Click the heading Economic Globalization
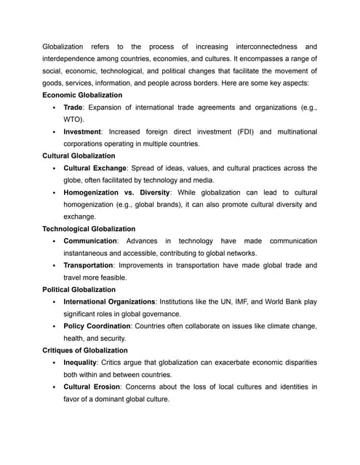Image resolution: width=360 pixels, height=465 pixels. [82, 95]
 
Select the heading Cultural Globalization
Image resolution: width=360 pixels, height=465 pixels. [79, 155]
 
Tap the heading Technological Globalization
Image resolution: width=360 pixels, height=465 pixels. [89, 229]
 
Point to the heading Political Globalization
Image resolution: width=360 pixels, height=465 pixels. [79, 289]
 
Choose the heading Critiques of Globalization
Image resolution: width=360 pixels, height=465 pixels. [84, 350]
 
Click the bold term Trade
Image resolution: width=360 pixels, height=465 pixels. [73, 108]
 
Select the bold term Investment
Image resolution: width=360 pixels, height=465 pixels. [82, 132]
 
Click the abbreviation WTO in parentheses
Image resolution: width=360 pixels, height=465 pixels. [73, 119]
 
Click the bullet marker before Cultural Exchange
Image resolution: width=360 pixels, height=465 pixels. [55, 169]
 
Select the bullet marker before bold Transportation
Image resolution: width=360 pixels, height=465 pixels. [55, 266]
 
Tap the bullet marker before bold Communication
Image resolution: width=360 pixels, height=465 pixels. [55, 241]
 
